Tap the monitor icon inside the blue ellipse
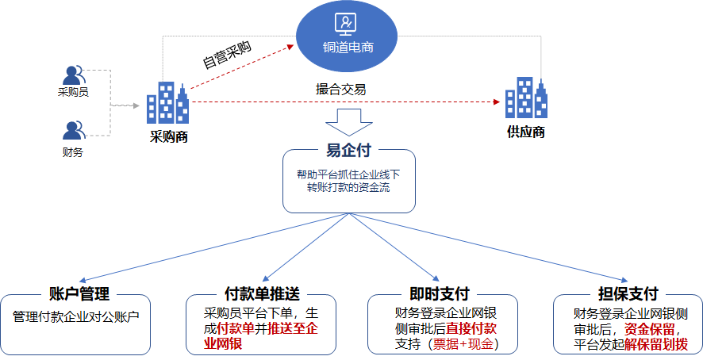(x=346, y=25)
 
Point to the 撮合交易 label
(x=340, y=90)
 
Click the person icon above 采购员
(x=74, y=75)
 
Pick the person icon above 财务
(x=74, y=129)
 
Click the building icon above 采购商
(x=168, y=103)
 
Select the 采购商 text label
(x=168, y=136)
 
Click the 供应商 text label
(x=526, y=132)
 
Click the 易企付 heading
(x=349, y=150)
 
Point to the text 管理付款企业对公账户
(x=76, y=316)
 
